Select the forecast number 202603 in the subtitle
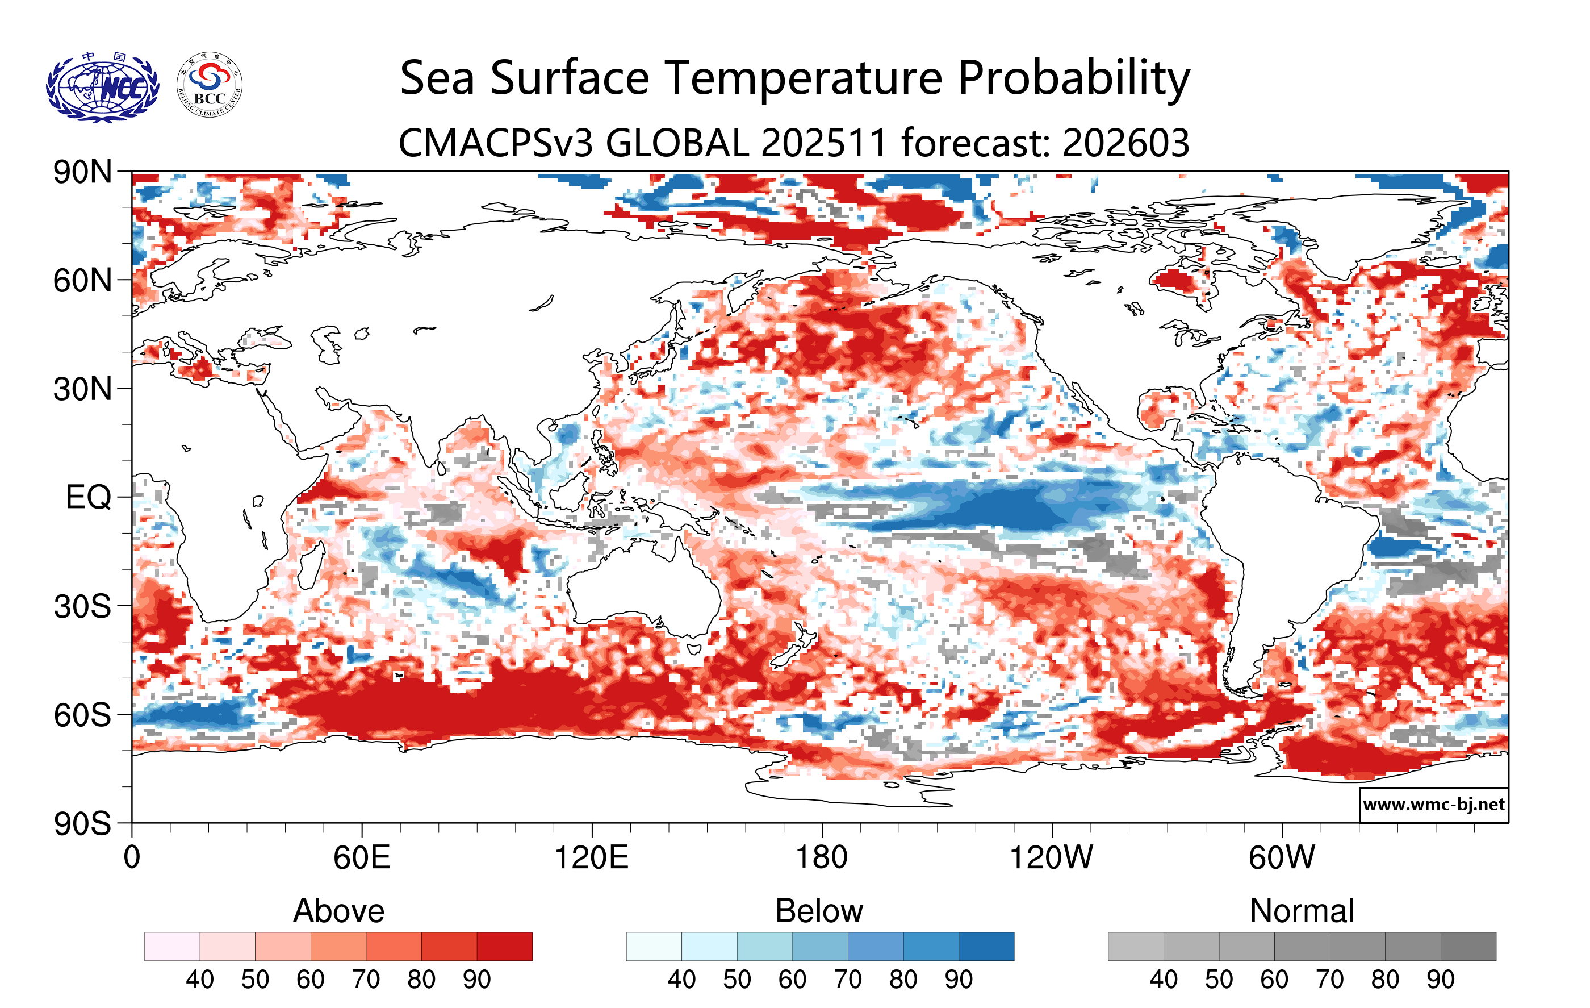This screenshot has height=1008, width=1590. pos(1126,143)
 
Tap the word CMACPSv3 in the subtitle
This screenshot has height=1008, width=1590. pos(496,143)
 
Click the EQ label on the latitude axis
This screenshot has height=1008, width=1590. pos(88,497)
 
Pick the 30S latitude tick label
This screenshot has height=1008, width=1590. pos(82,606)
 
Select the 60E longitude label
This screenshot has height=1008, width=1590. pos(361,857)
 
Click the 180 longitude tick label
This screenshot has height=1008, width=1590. pos(822,857)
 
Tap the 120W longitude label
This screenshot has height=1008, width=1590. pos(1051,857)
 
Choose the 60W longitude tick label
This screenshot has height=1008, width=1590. pos(1282,857)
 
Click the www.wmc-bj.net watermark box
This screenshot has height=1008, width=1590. pos(1433,805)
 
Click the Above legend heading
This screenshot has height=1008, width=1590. pos(339,911)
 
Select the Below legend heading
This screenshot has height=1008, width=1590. pos(819,911)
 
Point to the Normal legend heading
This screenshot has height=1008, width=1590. pos(1302,911)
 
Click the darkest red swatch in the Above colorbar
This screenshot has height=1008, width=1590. pos(504,946)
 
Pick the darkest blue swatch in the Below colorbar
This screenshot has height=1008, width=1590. pos(986,946)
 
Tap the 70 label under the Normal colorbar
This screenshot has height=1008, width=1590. pos(1330,979)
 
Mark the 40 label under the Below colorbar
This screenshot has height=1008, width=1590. pos(681,979)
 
